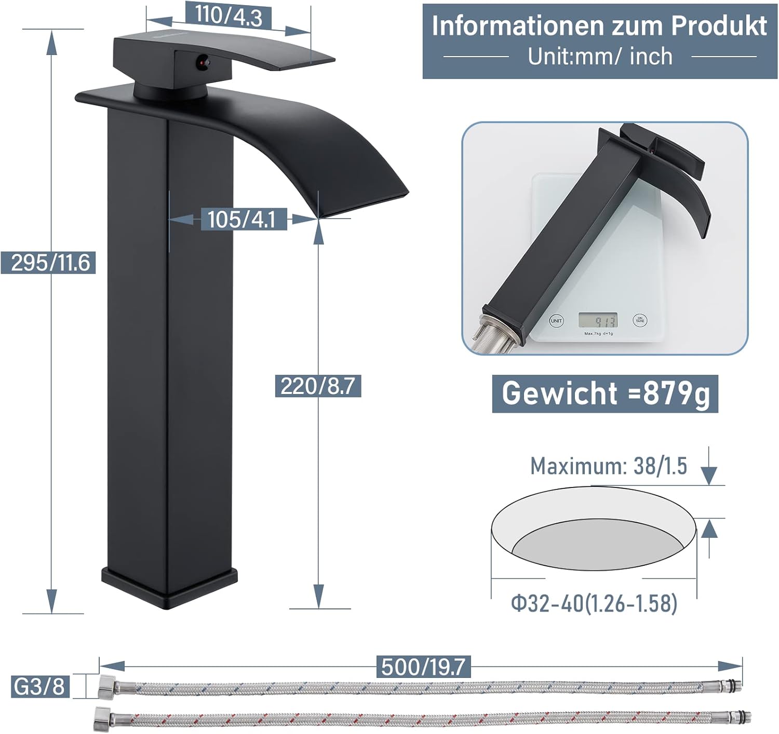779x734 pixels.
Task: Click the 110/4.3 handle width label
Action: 229,16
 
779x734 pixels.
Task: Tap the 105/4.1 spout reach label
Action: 241,220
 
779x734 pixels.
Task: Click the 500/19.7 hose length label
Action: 423,667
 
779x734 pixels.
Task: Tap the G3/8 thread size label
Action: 40,686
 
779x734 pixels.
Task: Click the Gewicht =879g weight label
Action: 605,393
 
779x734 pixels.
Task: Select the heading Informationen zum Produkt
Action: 599,26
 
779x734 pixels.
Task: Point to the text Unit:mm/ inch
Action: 600,57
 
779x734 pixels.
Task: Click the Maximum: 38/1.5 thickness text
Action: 608,466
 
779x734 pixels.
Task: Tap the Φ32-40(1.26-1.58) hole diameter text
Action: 594,604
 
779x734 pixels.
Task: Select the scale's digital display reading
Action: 598,320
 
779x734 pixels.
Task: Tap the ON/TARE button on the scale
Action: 640,320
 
